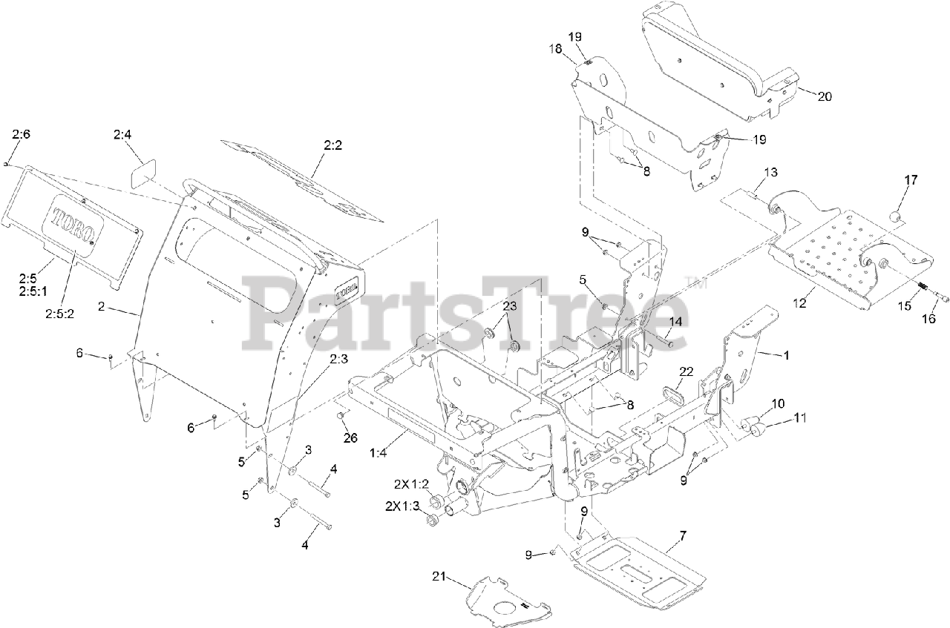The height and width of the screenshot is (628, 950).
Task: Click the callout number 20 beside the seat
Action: pyautogui.click(x=825, y=96)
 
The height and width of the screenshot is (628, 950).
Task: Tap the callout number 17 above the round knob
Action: pyautogui.click(x=911, y=179)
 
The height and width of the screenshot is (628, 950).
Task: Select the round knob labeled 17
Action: pyautogui.click(x=895, y=217)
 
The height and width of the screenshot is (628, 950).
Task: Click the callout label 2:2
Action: pyautogui.click(x=332, y=147)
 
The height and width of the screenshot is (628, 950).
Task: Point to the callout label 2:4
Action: pyautogui.click(x=122, y=135)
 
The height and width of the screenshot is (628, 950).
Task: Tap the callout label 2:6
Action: pyautogui.click(x=21, y=134)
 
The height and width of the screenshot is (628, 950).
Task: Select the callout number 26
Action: pyautogui.click(x=350, y=437)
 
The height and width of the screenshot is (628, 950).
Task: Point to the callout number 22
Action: pyautogui.click(x=686, y=371)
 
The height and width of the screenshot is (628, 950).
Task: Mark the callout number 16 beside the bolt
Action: pyautogui.click(x=928, y=319)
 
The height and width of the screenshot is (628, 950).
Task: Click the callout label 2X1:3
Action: pyautogui.click(x=402, y=506)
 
